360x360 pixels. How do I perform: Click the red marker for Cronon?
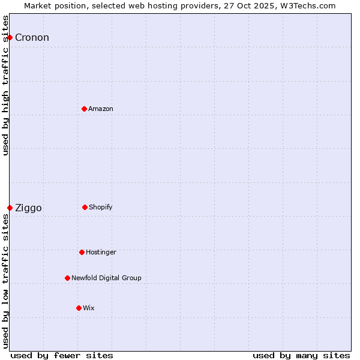(10, 37)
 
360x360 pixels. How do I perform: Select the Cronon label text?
(32, 38)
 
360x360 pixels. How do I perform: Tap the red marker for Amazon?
(84, 109)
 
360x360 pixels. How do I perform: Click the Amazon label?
(101, 109)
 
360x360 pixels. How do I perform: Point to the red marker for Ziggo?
(10, 208)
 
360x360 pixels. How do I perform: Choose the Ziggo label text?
(28, 208)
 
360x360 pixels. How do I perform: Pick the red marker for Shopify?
(85, 207)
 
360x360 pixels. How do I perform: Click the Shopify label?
(101, 208)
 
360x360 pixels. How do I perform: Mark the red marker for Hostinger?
(82, 252)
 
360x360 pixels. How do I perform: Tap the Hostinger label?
(101, 253)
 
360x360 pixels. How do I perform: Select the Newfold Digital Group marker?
(67, 278)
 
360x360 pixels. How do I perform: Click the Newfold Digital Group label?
(106, 278)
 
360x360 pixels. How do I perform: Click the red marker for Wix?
(79, 308)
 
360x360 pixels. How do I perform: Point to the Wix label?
(89, 308)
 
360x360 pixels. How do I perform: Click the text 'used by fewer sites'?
(62, 355)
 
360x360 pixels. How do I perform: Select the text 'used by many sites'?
(301, 355)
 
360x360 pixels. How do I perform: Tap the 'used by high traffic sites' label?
(6, 85)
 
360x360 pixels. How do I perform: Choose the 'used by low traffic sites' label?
(6, 281)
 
